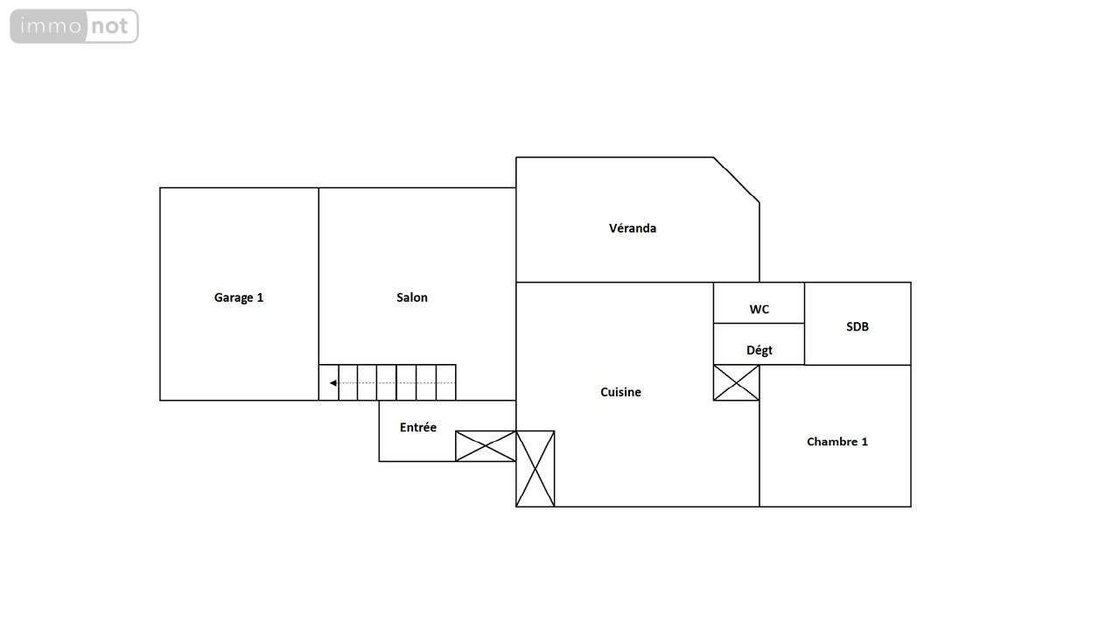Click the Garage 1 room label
click(x=239, y=297)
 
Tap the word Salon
click(x=412, y=297)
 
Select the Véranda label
click(x=633, y=228)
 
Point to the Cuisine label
click(x=620, y=392)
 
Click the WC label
click(x=759, y=310)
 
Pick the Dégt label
click(x=759, y=351)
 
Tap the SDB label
click(x=857, y=327)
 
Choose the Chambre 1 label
click(x=837, y=442)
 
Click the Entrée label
click(x=418, y=427)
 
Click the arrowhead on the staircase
click(x=333, y=383)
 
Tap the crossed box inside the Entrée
click(x=486, y=446)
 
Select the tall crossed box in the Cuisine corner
click(x=535, y=468)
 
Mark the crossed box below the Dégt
click(x=736, y=383)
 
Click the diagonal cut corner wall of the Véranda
click(x=737, y=180)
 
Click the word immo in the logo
click(x=51, y=25)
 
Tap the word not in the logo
click(x=110, y=26)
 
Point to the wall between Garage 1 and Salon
click(x=318, y=294)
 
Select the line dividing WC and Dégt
click(x=759, y=324)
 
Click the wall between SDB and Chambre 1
click(x=857, y=365)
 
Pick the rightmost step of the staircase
click(x=446, y=382)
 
